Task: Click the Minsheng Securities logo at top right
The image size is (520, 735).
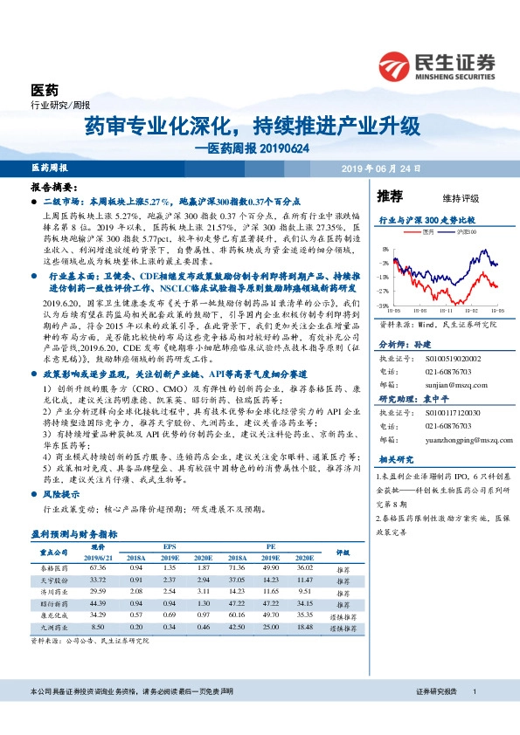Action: pos(436,65)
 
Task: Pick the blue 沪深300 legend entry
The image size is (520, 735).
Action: pos(462,232)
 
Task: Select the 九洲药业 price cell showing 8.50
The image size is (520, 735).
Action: pos(98,627)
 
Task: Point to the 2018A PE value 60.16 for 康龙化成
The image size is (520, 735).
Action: pos(236,615)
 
